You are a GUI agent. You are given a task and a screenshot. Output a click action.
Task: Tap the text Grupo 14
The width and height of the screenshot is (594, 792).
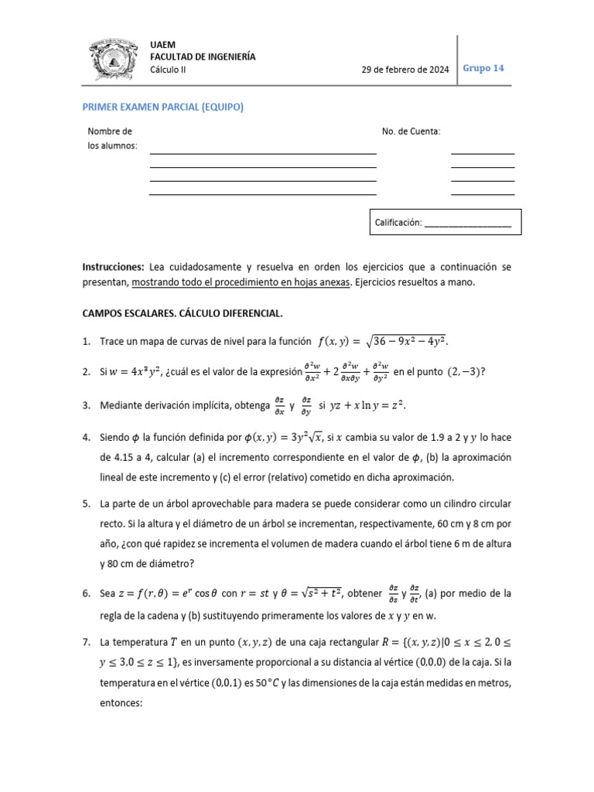(483, 68)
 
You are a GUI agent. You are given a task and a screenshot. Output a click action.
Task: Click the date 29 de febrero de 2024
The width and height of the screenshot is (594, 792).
(405, 70)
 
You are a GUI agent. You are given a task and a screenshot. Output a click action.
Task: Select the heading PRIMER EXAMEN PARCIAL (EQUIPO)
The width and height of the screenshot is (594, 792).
(162, 108)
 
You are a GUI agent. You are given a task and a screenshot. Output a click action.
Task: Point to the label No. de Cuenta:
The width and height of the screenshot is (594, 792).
(411, 131)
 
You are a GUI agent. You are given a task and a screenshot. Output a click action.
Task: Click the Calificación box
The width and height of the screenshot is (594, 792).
(445, 222)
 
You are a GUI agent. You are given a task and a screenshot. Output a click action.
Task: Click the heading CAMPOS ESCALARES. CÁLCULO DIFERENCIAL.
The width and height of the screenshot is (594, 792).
(183, 313)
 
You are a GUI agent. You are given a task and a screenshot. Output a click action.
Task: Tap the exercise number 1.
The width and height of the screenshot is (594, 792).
(87, 341)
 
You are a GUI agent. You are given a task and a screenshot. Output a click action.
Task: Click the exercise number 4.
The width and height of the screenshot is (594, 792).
(87, 437)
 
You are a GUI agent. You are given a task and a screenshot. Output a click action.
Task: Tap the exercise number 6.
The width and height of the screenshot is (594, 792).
(87, 594)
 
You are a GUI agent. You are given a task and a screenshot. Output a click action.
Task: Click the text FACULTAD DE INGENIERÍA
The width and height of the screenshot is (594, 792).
(203, 57)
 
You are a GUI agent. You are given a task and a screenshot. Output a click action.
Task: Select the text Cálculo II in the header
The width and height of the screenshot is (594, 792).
(168, 70)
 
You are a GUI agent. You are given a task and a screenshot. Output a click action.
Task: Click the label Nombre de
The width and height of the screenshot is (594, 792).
(110, 131)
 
